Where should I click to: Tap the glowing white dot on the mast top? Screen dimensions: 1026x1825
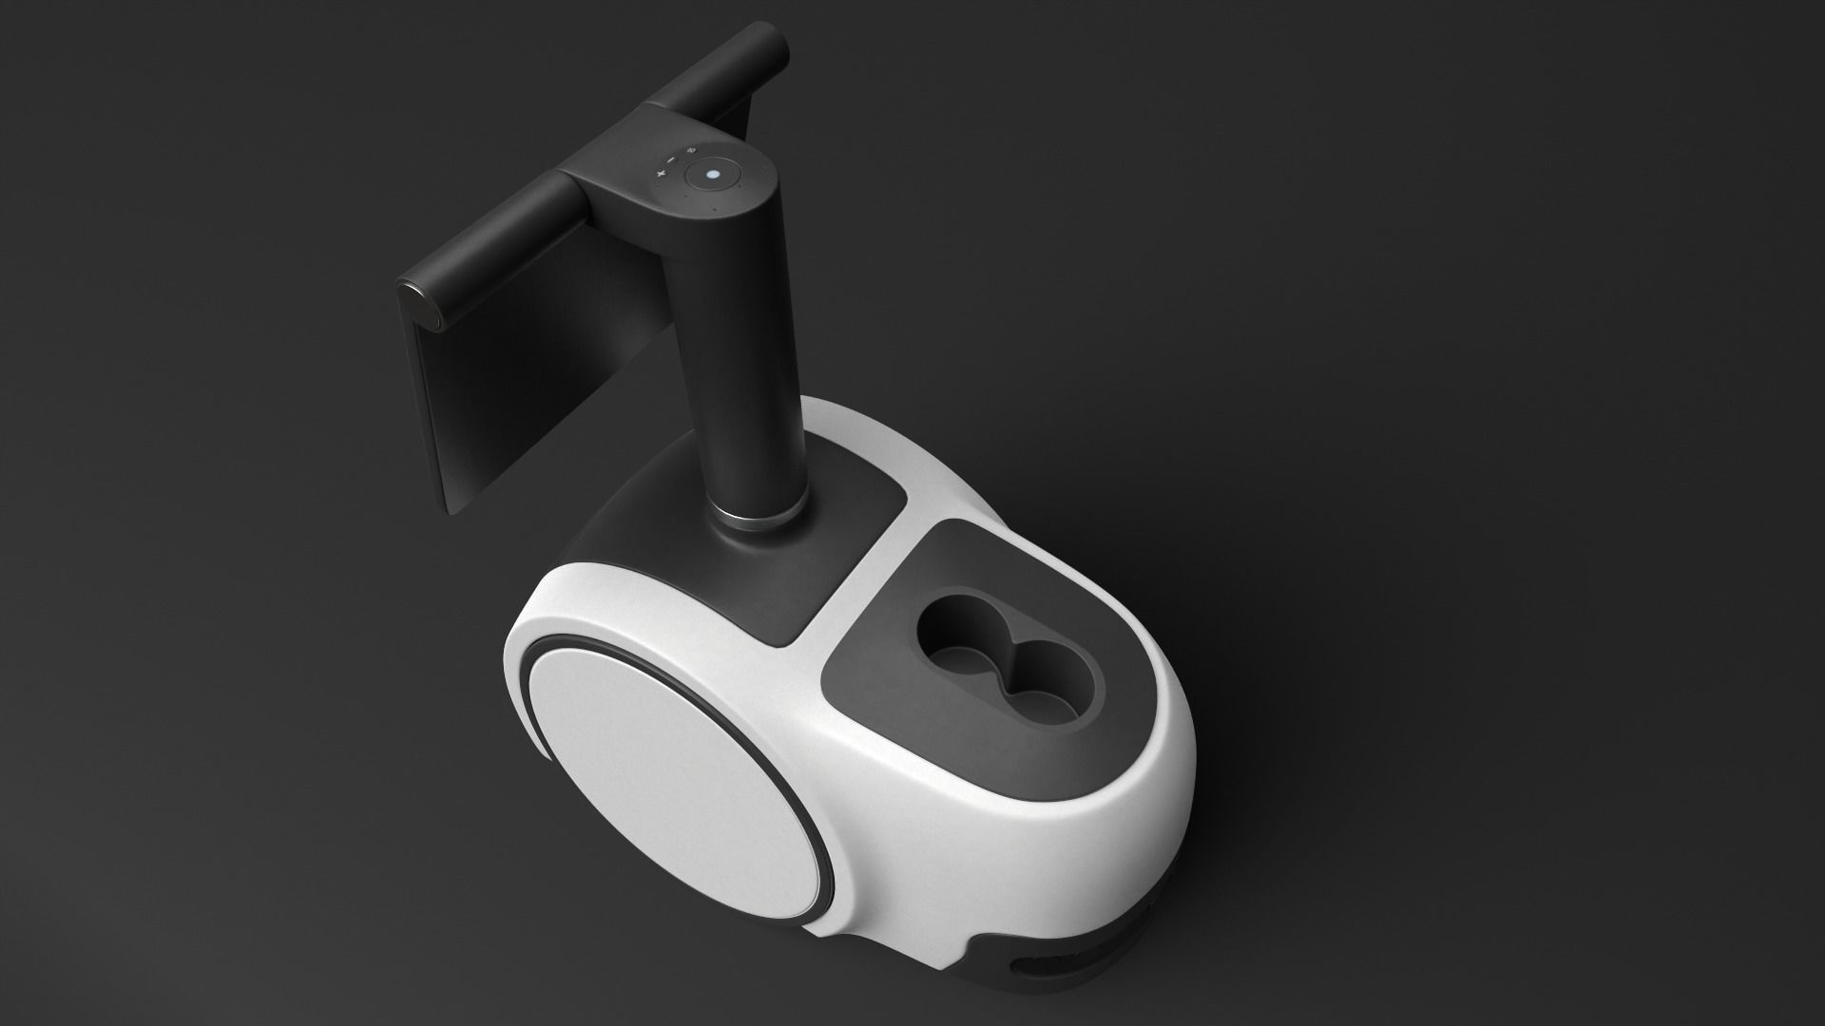point(713,175)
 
